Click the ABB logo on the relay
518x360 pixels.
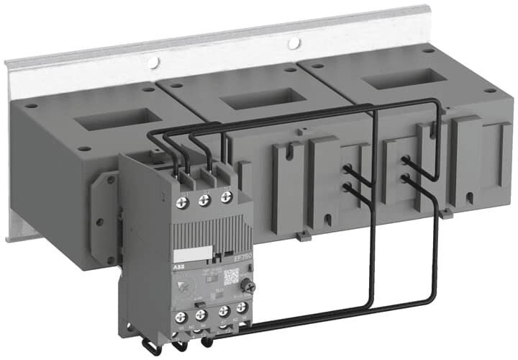click(x=178, y=267)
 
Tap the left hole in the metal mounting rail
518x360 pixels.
click(x=153, y=63)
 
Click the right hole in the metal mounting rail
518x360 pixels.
click(x=294, y=44)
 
